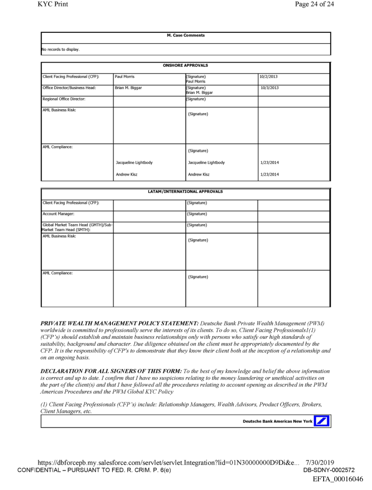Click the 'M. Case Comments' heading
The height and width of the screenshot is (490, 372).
coord(185,36)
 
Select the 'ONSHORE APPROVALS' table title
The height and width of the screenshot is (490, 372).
coord(185,65)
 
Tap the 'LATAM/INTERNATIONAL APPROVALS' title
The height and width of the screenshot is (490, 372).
coord(185,192)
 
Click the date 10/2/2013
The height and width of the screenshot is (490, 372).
coord(269,76)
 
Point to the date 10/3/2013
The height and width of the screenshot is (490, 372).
coord(270,86)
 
